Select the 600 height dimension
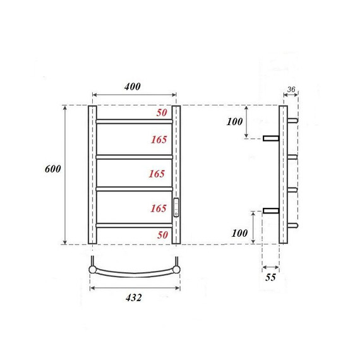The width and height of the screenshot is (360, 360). click(x=52, y=169)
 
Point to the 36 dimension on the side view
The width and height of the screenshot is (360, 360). click(x=291, y=89)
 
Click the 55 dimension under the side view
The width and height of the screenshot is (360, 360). click(x=270, y=277)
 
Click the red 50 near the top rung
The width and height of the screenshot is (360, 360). click(x=162, y=112)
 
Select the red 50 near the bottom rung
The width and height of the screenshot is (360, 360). click(x=162, y=235)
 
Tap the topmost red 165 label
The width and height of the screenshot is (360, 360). click(x=159, y=140)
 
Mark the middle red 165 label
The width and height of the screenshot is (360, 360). click(x=159, y=174)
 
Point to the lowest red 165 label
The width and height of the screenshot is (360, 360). click(x=159, y=208)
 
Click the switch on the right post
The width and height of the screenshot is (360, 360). click(x=176, y=208)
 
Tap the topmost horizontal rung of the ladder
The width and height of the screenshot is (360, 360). click(x=134, y=121)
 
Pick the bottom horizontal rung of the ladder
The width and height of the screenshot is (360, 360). click(x=134, y=224)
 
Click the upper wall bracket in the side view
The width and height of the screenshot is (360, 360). click(x=272, y=138)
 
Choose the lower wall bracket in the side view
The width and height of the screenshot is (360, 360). click(x=272, y=210)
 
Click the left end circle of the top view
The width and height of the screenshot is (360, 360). click(x=93, y=270)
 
